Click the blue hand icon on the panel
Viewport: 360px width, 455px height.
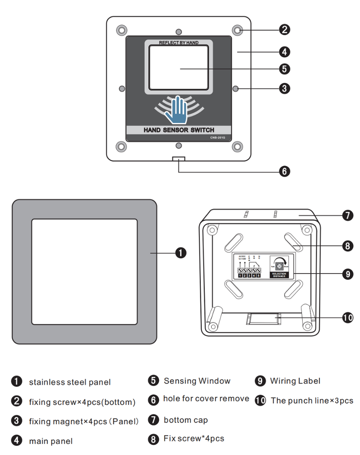click(176, 110)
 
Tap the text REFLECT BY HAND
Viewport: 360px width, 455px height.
click(178, 43)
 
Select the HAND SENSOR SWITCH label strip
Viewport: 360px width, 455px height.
click(178, 130)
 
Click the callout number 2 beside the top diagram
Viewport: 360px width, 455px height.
click(284, 30)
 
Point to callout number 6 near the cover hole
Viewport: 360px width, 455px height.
click(284, 172)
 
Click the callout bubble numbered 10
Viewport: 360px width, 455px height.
click(347, 318)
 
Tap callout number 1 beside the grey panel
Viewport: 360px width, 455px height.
click(181, 253)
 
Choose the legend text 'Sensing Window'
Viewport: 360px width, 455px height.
click(197, 381)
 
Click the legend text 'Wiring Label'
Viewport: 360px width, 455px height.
click(295, 381)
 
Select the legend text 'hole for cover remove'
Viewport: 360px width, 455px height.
click(206, 399)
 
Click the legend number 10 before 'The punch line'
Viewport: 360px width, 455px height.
click(260, 401)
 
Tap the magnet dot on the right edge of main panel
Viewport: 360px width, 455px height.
click(236, 87)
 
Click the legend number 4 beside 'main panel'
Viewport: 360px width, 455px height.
click(17, 440)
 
